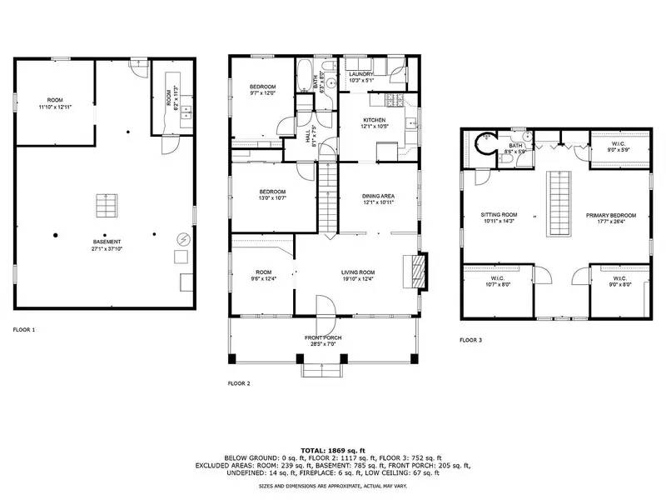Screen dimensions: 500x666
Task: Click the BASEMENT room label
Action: tap(105, 242)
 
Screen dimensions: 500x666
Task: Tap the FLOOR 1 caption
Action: tap(24, 330)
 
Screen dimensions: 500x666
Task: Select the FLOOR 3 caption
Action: tap(472, 341)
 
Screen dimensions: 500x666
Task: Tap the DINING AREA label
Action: tap(377, 196)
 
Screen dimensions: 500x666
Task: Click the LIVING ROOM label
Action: tap(358, 272)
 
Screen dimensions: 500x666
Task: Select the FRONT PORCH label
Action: tap(323, 337)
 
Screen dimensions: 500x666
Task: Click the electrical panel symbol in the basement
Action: tap(183, 239)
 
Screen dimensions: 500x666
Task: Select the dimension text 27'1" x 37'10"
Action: tap(105, 247)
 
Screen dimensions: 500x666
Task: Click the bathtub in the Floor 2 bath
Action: tap(305, 81)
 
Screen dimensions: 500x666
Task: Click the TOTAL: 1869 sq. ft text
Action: tap(333, 450)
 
